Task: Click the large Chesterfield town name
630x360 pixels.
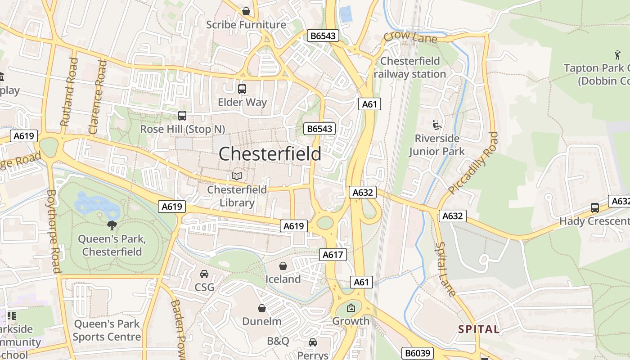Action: pyautogui.click(x=270, y=154)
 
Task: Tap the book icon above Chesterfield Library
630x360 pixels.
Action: pyautogui.click(x=237, y=176)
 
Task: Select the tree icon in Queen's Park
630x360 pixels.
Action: pyautogui.click(x=112, y=225)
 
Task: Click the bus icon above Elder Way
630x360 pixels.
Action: pyautogui.click(x=242, y=89)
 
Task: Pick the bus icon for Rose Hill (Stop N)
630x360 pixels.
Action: pyautogui.click(x=182, y=116)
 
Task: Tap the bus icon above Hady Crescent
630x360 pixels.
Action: pyautogui.click(x=595, y=208)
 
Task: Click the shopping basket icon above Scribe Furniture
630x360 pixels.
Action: pyautogui.click(x=246, y=11)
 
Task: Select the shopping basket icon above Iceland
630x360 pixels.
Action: pyautogui.click(x=283, y=266)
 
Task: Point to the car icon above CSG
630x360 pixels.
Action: pyautogui.click(x=204, y=274)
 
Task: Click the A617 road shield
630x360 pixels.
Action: pyautogui.click(x=333, y=255)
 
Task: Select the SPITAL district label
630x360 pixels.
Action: pyautogui.click(x=479, y=329)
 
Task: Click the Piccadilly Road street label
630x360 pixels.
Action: pyautogui.click(x=474, y=162)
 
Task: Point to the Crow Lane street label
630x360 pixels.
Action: pyautogui.click(x=410, y=37)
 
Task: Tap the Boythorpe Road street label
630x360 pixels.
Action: pyautogui.click(x=53, y=231)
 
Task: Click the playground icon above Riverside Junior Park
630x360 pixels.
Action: pyautogui.click(x=436, y=125)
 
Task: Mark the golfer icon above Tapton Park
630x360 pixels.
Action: pyautogui.click(x=617, y=55)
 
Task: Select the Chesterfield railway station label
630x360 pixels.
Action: pyautogui.click(x=410, y=67)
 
